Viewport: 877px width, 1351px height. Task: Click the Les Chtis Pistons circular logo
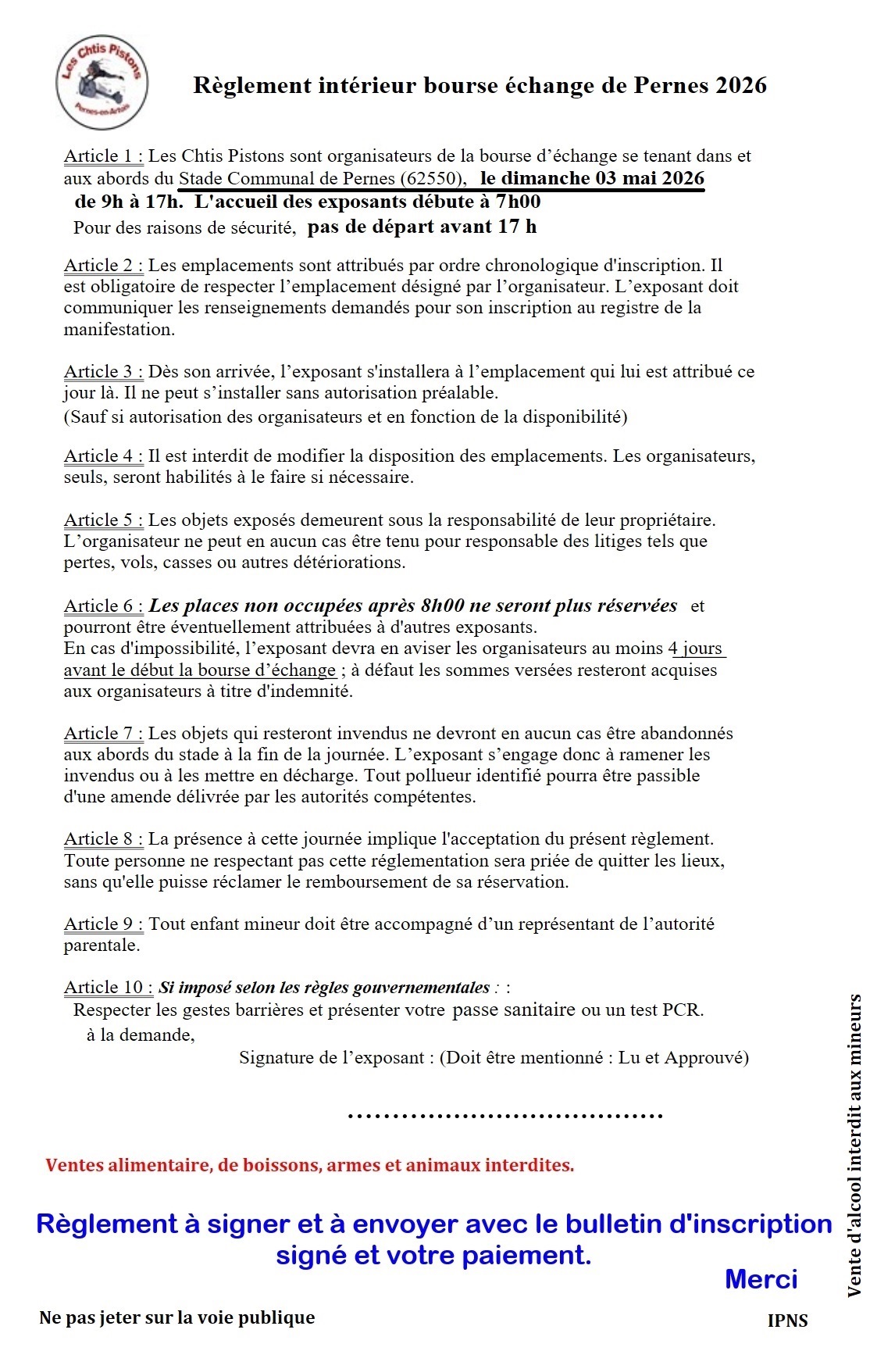[x=102, y=81]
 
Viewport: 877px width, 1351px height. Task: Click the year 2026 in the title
[x=741, y=85]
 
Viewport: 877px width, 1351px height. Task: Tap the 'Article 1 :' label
[x=103, y=156]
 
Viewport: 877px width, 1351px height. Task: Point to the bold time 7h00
[x=518, y=202]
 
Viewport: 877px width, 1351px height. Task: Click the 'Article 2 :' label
[x=103, y=266]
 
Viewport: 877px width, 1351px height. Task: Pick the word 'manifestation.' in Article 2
[x=119, y=330]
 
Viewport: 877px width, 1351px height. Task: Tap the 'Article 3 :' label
[x=103, y=372]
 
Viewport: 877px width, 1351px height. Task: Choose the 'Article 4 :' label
[x=103, y=456]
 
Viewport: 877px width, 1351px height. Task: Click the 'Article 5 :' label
[x=103, y=520]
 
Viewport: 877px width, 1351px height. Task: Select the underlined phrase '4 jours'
[x=697, y=649]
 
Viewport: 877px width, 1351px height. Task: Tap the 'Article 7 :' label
[x=103, y=734]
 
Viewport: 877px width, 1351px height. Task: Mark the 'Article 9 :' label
[x=103, y=924]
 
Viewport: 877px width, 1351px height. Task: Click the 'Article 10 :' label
[x=108, y=988]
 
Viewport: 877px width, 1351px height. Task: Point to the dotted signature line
[x=504, y=1116]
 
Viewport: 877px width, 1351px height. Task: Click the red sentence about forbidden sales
[x=309, y=1165]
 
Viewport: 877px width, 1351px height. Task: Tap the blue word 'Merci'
[x=761, y=1279]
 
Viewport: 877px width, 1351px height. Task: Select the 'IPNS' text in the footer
[x=787, y=1321]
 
